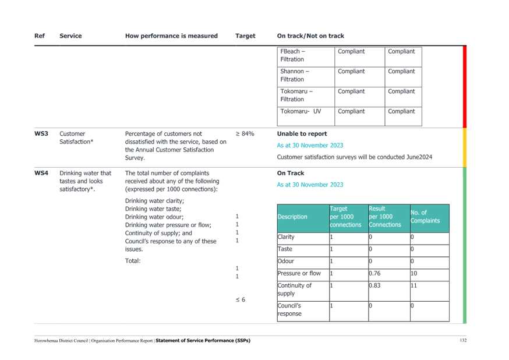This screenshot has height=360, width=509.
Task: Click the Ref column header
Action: point(39,36)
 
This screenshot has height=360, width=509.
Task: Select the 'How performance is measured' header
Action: point(171,36)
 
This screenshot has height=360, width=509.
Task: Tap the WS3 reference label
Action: point(41,134)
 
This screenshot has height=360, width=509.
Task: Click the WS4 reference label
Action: point(41,173)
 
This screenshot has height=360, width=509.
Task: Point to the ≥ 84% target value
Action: point(245,134)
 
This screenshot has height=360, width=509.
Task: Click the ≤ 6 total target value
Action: point(241,299)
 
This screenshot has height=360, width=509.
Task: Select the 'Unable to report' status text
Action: point(302,134)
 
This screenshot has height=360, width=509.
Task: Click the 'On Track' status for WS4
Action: point(291,173)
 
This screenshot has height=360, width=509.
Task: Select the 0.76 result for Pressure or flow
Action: point(374,273)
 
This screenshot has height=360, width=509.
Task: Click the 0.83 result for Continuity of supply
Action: point(374,285)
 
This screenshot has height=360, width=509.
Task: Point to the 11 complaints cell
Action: point(413,285)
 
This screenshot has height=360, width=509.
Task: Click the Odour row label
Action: point(286,261)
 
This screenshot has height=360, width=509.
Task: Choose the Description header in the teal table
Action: point(292,217)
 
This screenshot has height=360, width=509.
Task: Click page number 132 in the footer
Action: point(463,340)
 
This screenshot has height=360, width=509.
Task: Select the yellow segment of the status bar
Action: point(465,148)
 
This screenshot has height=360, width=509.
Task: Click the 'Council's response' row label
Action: point(289,310)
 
